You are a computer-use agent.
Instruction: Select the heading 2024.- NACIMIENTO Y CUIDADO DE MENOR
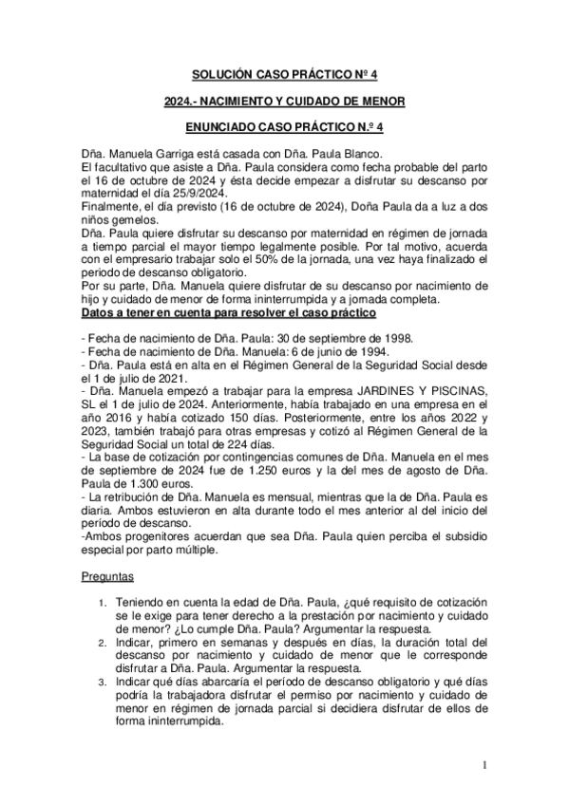coord(284,99)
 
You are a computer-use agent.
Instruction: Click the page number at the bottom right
coord(484,764)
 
